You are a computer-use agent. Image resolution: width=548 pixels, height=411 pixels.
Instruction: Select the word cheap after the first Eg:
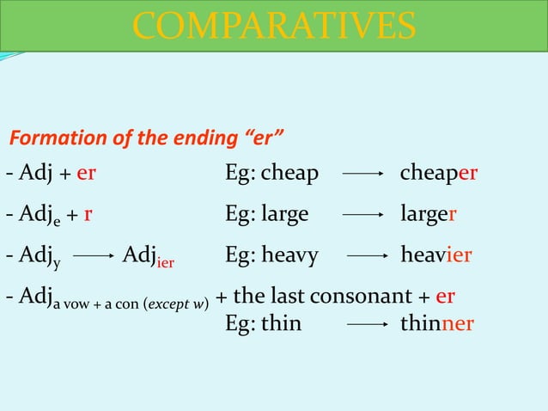[x=289, y=175]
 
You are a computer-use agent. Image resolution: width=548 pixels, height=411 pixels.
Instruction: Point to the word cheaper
[x=439, y=175]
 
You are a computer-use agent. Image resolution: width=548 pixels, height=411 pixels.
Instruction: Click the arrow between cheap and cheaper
[x=362, y=175]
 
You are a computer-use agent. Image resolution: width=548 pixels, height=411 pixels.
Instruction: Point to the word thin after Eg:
[x=282, y=324]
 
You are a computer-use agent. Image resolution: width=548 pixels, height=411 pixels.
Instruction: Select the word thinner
[x=437, y=324]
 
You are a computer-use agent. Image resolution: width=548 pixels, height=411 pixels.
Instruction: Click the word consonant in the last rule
[x=374, y=297]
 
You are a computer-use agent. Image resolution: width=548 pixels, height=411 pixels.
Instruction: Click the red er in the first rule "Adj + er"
[x=86, y=175]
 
